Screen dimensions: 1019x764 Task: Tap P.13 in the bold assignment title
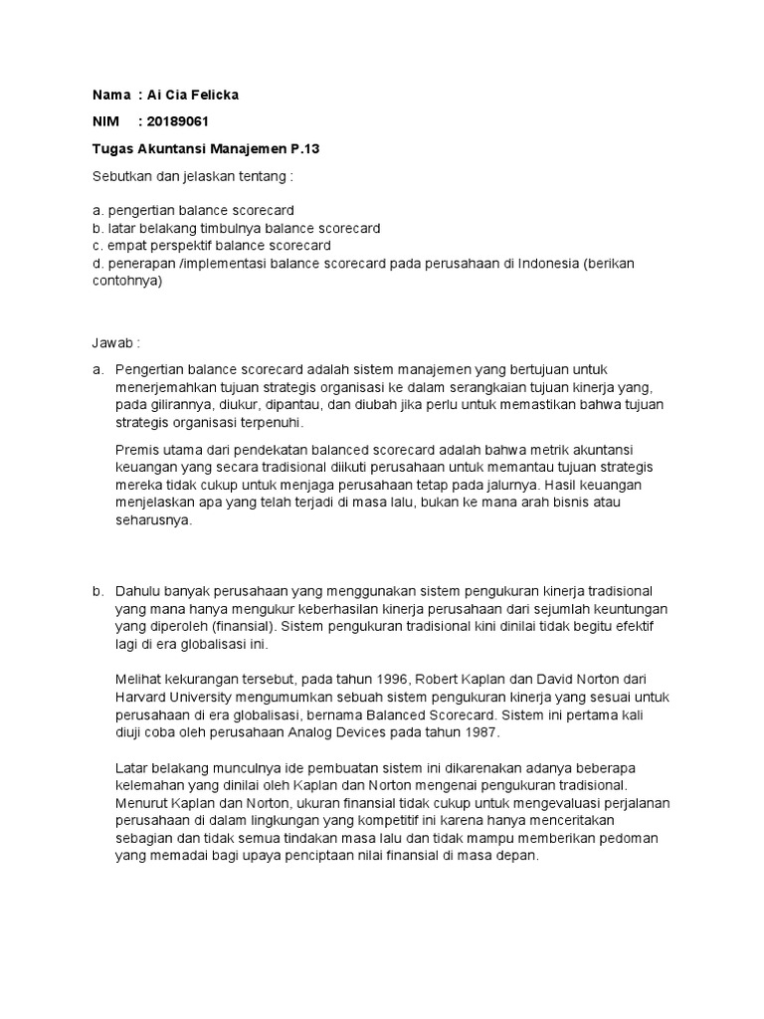(306, 148)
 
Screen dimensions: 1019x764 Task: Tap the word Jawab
(110, 343)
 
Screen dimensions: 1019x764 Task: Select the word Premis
(137, 449)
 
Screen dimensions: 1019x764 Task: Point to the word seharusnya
(152, 520)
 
